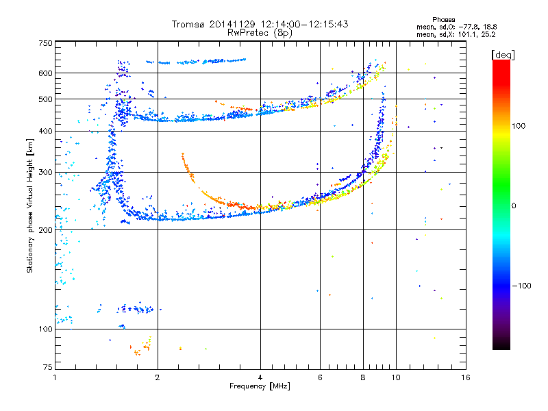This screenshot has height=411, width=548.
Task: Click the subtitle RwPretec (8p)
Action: click(x=260, y=33)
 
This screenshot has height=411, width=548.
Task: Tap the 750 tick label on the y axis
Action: click(x=45, y=43)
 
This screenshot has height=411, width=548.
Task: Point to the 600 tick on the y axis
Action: click(x=45, y=73)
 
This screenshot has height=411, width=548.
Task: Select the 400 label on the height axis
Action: click(x=45, y=132)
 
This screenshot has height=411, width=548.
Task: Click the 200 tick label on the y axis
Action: click(x=45, y=230)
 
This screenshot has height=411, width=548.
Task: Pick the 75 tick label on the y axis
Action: click(x=48, y=367)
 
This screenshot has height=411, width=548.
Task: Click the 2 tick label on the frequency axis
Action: click(x=158, y=377)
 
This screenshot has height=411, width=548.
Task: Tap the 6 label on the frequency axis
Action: click(x=320, y=377)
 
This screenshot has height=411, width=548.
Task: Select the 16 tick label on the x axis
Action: click(x=466, y=377)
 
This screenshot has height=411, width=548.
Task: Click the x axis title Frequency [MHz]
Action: click(x=260, y=386)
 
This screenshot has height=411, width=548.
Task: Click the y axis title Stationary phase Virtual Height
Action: click(x=30, y=206)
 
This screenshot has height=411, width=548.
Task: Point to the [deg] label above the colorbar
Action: click(x=503, y=55)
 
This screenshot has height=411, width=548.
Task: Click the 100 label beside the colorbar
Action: click(x=519, y=126)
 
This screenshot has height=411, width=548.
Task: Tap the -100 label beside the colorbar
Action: click(x=521, y=286)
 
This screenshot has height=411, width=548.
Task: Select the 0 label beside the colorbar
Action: click(x=514, y=206)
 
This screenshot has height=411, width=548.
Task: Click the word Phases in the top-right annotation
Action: click(x=443, y=20)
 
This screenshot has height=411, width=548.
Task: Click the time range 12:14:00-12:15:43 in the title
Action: click(x=304, y=24)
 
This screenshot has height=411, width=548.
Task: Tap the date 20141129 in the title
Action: click(x=232, y=24)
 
